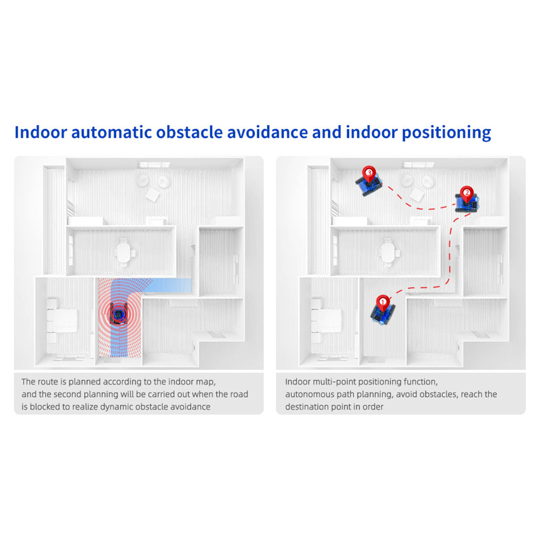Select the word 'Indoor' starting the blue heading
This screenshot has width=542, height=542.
(x=41, y=132)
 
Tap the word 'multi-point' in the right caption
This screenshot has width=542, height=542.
(x=334, y=382)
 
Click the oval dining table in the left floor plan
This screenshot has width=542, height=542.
(x=123, y=253)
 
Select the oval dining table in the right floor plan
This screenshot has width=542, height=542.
(x=388, y=253)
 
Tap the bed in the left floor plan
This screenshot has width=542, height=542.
(x=63, y=320)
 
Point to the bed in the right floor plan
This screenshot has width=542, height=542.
(x=327, y=320)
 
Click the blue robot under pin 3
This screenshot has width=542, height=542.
(x=369, y=185)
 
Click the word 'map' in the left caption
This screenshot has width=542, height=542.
(x=207, y=382)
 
